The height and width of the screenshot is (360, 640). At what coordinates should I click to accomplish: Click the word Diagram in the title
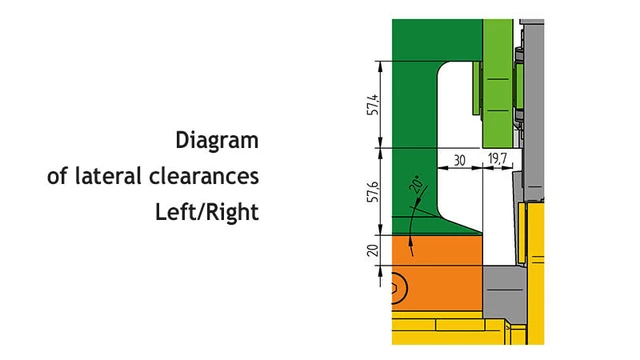(216, 140)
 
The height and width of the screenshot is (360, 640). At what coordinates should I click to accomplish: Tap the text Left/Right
(207, 212)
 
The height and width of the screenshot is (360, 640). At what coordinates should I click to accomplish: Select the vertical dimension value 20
(372, 250)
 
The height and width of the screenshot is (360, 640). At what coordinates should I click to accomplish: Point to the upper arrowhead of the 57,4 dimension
(382, 66)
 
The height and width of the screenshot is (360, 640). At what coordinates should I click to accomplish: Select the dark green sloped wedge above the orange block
(455, 226)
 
